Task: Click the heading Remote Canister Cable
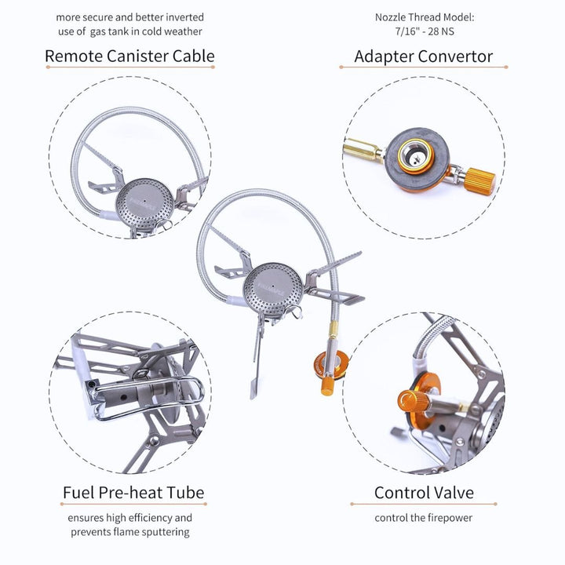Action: point(129,56)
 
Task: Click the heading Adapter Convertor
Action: point(423,56)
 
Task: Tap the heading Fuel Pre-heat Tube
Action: point(133,493)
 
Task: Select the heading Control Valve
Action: point(424,493)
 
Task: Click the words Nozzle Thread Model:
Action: point(424,16)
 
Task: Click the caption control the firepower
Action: point(424,519)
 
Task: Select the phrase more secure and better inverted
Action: point(129,16)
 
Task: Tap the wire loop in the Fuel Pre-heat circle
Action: point(177,392)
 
